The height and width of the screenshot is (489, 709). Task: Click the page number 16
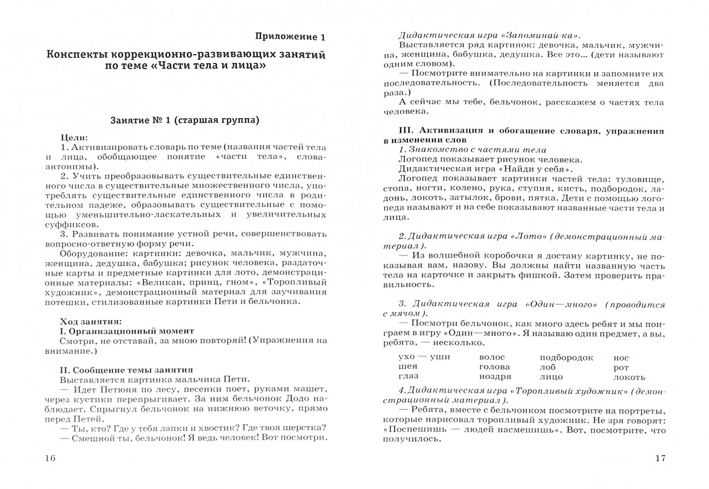pos(50,458)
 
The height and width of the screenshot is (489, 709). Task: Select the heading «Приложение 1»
pos(290,37)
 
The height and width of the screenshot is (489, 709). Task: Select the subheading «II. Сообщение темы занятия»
pos(126,370)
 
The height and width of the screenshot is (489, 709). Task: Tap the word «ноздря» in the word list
pos(495,377)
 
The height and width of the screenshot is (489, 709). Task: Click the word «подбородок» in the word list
pos(566,358)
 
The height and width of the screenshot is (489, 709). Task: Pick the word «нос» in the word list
pos(621,358)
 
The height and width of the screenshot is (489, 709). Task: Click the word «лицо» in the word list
pos(551,377)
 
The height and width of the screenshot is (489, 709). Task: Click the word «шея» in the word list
pos(408,366)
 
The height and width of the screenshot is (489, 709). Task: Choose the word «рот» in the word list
pos(621,368)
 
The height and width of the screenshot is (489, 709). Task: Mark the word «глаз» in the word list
pos(408,376)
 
